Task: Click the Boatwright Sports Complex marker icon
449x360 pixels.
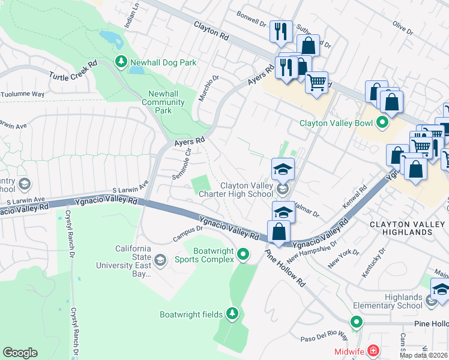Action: click(x=243, y=255)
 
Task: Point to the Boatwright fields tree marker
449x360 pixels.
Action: click(x=232, y=313)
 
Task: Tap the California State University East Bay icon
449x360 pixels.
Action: click(x=160, y=260)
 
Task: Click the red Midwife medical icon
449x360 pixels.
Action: click(x=373, y=350)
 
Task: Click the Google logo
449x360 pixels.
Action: click(x=20, y=352)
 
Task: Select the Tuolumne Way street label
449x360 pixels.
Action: click(x=23, y=94)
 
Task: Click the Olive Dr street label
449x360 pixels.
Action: click(x=403, y=28)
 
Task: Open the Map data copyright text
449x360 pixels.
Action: click(x=423, y=355)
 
